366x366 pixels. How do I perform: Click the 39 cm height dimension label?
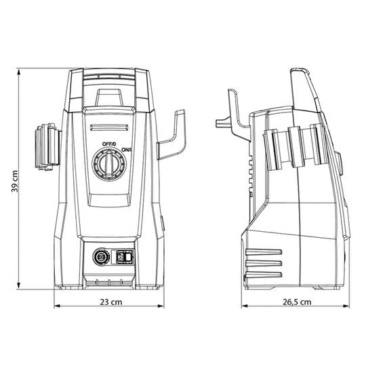[15, 181]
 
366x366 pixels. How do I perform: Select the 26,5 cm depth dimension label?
[297, 302]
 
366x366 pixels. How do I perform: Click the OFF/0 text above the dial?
[109, 144]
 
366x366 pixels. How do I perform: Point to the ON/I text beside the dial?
[127, 150]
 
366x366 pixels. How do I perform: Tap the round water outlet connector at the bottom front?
[101, 257]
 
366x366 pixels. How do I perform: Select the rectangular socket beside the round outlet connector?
[123, 257]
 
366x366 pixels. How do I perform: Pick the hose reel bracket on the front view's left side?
[48, 146]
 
